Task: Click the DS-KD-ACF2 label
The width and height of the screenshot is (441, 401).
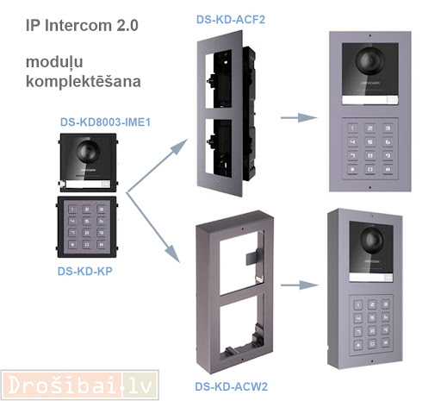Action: pos(231,20)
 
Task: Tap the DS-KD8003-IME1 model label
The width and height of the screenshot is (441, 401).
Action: pos(105,122)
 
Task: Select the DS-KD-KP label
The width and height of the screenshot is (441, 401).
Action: pos(85,271)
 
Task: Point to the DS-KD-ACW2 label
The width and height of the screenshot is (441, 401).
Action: pos(231,386)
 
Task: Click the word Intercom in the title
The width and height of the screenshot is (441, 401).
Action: pos(78,25)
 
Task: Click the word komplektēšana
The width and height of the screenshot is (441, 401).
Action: pos(84,82)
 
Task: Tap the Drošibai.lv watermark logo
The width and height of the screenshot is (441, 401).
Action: pos(80,385)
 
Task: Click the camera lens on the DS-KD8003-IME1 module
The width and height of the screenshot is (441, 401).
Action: pos(88,151)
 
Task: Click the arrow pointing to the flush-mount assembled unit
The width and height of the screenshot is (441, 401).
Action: pos(299,117)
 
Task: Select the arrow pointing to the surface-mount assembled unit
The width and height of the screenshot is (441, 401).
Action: pos(300,285)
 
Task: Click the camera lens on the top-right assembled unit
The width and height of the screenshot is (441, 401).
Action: pos(370,60)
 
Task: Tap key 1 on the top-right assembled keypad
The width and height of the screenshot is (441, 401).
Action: pos(352,128)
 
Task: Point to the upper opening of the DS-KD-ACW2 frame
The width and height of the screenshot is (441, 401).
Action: pos(239,262)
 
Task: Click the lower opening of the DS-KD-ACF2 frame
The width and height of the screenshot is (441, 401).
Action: pos(219,148)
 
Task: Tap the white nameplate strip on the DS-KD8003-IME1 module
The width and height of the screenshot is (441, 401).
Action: pos(84,185)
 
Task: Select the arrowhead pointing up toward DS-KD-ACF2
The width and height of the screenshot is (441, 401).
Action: pos(179,147)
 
